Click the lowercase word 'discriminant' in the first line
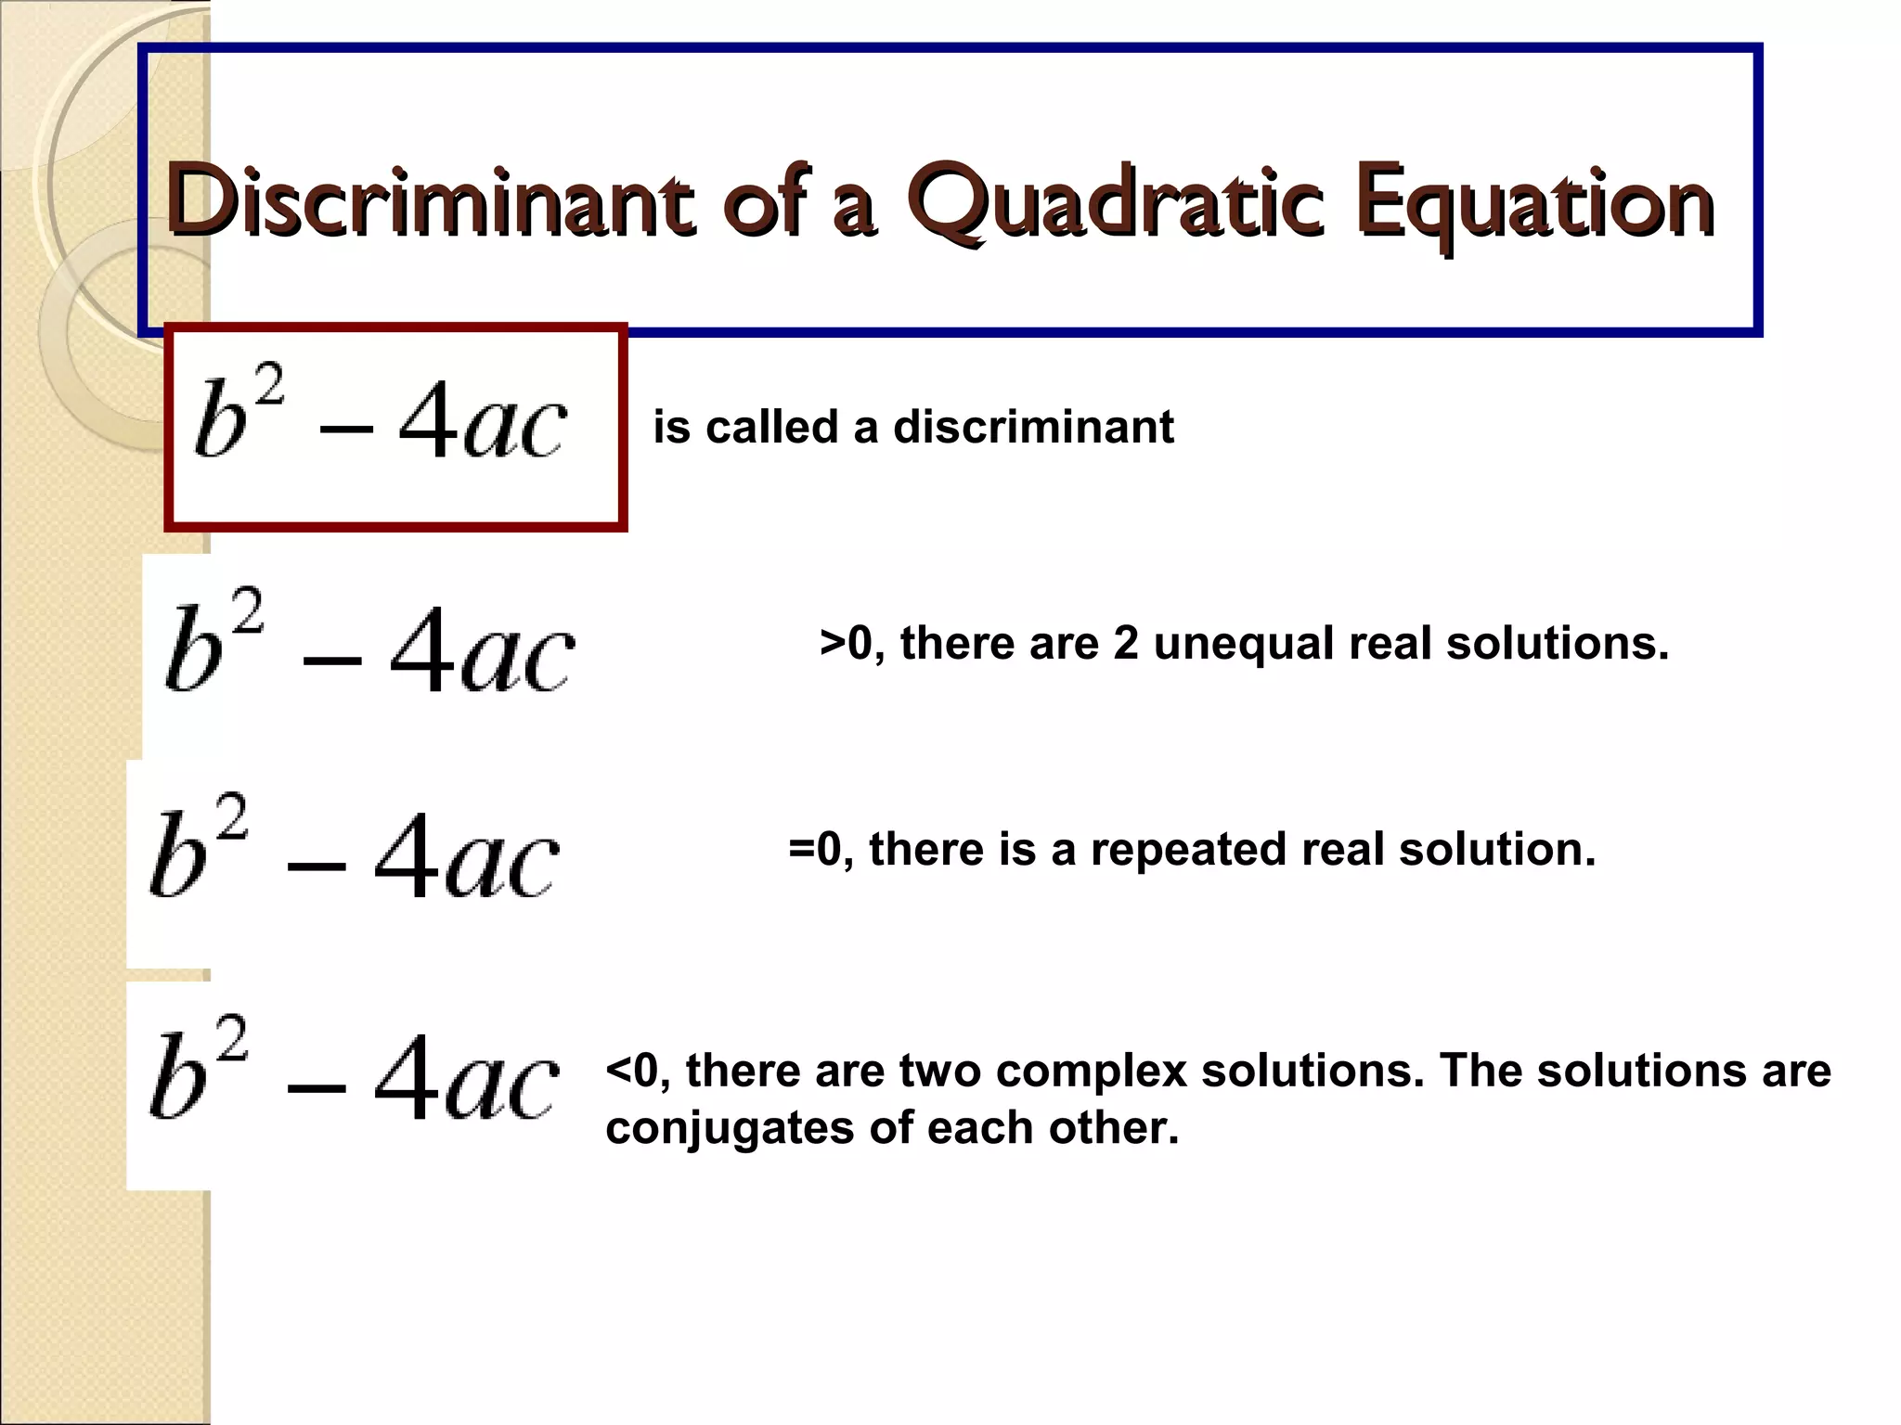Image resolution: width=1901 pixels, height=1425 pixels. pos(1033,428)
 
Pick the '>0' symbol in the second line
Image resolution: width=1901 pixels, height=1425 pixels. pos(846,643)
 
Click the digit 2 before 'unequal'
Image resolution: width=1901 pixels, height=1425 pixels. pos(1125,643)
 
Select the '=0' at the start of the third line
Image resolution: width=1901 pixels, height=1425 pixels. pos(814,849)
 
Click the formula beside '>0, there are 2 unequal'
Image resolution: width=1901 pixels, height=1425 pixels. pos(369,644)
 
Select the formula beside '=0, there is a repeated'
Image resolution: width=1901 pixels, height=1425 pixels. pos(354,849)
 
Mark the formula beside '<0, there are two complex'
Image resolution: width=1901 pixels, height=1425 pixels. pos(354,1072)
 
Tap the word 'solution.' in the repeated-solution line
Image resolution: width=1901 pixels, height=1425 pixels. pos(1497,849)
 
